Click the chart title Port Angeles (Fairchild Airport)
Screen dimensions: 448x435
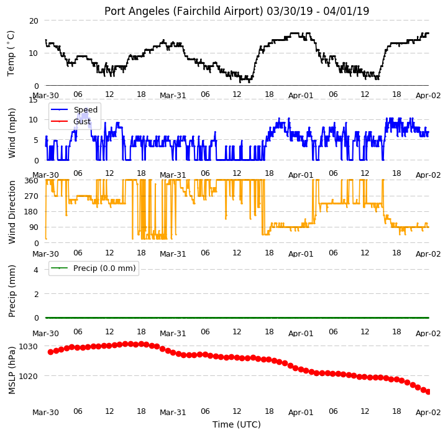tap(183, 11)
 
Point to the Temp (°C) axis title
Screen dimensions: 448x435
tap(11, 53)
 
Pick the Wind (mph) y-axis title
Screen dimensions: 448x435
tap(12, 133)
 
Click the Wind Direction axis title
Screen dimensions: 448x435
tap(12, 212)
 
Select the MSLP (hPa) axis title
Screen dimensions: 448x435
tap(12, 370)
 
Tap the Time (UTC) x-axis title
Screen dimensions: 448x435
tap(237, 424)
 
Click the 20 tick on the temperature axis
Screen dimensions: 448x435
tap(34, 21)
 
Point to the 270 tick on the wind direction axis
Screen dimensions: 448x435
tap(32, 196)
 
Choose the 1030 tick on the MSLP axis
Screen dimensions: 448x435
tap(28, 346)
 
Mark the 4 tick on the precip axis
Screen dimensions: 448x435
tap(35, 270)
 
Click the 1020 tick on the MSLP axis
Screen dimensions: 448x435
tap(28, 376)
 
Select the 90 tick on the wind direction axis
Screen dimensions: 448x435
tap(34, 227)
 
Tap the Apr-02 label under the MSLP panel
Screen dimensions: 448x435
tap(428, 412)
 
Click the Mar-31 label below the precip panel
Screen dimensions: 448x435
tap(173, 333)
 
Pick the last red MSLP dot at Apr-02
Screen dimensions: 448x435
tap(427, 392)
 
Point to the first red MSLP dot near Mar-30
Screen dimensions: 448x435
tap(50, 352)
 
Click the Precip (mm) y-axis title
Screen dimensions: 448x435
tap(12, 291)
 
